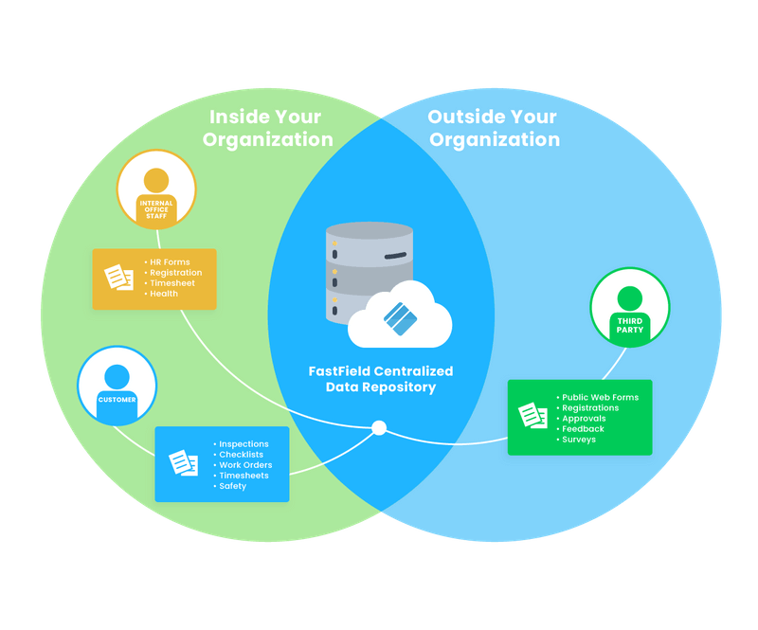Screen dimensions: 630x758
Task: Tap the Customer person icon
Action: [x=117, y=386]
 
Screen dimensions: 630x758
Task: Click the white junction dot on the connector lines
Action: [x=379, y=428]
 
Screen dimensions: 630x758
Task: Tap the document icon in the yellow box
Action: [x=118, y=278]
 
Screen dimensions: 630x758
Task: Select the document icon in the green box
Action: [x=532, y=417]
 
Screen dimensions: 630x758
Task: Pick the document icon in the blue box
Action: [x=183, y=463]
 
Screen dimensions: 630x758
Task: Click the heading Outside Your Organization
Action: [x=494, y=128]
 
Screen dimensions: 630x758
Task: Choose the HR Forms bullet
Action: [x=170, y=261]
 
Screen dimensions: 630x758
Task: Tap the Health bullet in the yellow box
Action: [x=163, y=294]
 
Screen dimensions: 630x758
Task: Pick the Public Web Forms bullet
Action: [x=599, y=397]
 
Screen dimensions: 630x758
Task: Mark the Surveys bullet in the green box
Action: [x=578, y=440]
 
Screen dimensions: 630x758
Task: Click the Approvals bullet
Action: [x=583, y=419]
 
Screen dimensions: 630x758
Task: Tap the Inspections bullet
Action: [x=243, y=443]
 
